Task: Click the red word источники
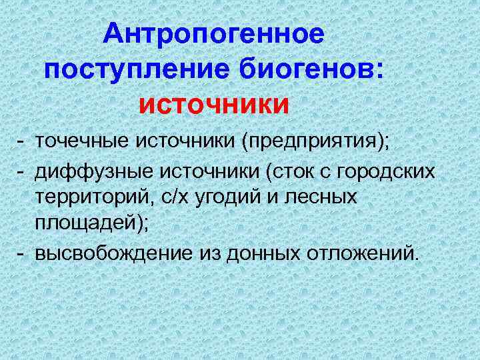pyautogui.click(x=214, y=105)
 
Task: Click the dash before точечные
pyautogui.click(x=22, y=141)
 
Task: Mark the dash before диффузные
pyautogui.click(x=22, y=170)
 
